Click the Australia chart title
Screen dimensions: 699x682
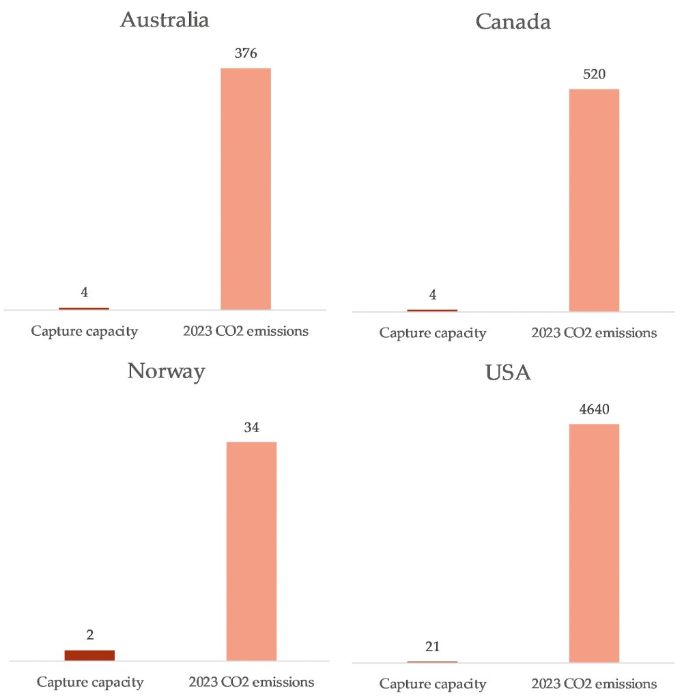[165, 19]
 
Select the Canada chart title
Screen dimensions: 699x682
[513, 22]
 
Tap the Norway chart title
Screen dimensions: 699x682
[166, 371]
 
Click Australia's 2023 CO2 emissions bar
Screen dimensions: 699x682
[246, 188]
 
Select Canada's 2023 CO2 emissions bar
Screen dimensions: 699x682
[594, 199]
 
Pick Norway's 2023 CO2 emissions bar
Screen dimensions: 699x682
[251, 551]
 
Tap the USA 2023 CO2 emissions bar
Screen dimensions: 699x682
[594, 543]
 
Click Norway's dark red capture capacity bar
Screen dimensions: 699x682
[89, 655]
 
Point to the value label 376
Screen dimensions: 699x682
[246, 54]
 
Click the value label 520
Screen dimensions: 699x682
[594, 74]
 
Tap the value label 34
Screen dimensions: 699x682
[251, 427]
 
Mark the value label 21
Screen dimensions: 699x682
[432, 647]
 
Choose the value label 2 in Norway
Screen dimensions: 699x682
[89, 635]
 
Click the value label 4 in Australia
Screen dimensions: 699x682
[84, 292]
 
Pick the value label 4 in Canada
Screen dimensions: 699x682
[432, 295]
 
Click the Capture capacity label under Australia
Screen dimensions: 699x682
[85, 332]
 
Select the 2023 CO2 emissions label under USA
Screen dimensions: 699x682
[594, 683]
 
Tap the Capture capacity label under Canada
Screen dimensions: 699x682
[433, 333]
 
